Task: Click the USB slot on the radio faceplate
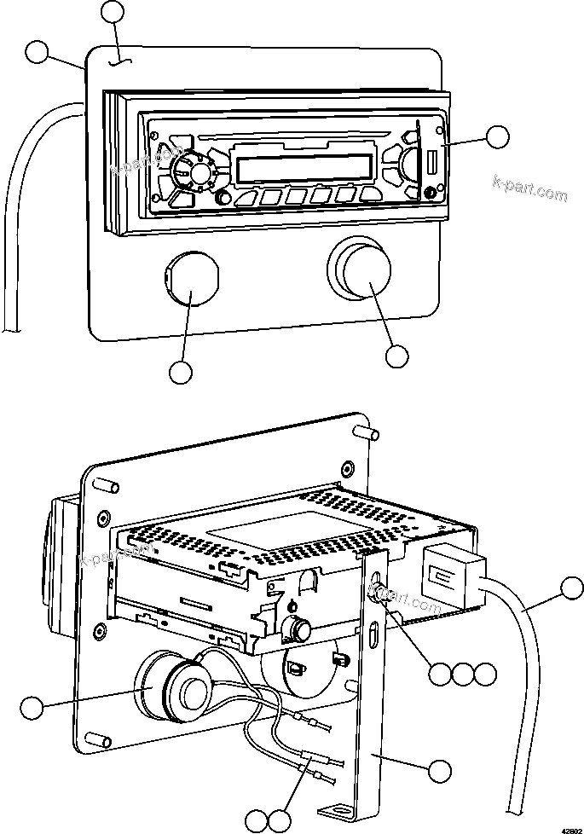pyautogui.click(x=433, y=161)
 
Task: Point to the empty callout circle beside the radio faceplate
pyautogui.click(x=497, y=136)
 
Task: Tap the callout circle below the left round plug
pyautogui.click(x=181, y=372)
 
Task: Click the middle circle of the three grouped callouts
pyautogui.click(x=462, y=675)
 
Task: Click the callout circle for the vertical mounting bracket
pyautogui.click(x=439, y=771)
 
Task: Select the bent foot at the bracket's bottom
pyautogui.click(x=336, y=808)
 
